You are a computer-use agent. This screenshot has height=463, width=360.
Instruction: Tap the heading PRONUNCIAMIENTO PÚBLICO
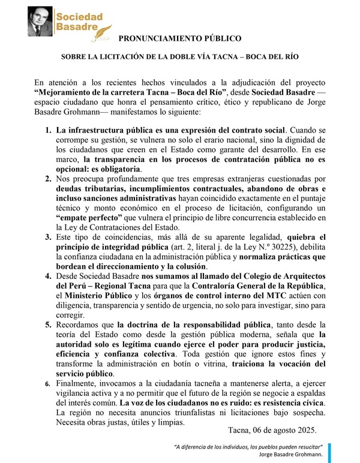180,39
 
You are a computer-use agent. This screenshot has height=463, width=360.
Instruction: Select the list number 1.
48,130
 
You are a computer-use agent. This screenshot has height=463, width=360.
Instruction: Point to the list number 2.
48,179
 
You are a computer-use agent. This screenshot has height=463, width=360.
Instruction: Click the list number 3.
48,238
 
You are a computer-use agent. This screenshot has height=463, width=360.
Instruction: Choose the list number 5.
48,326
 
